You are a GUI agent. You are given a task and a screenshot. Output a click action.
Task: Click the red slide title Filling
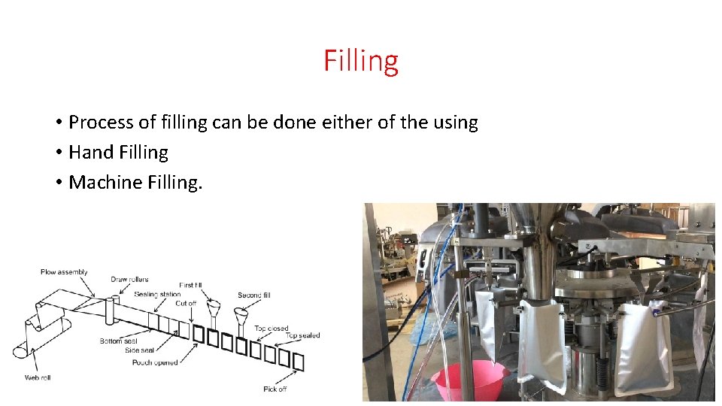click(361, 61)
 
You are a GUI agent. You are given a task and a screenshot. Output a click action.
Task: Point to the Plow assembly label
click(64, 272)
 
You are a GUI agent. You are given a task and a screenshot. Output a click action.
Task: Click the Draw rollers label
click(129, 280)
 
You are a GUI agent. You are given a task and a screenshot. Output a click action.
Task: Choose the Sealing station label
click(157, 294)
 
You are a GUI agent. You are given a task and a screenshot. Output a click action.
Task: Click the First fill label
click(191, 286)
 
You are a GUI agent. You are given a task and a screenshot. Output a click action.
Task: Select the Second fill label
click(255, 295)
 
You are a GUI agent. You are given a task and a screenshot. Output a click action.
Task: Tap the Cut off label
click(186, 303)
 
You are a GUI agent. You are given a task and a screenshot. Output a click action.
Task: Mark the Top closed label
click(272, 329)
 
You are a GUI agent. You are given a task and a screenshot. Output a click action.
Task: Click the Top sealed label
click(303, 335)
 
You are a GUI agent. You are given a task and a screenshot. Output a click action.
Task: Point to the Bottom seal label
click(119, 341)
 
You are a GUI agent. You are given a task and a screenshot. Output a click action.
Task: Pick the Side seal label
click(141, 351)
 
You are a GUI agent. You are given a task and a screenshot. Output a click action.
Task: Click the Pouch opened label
click(155, 362)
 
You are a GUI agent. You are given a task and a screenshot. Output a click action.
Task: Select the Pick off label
click(275, 389)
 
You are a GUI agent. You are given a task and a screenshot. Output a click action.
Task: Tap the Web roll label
click(38, 377)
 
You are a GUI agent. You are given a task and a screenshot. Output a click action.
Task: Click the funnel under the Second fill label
click(242, 315)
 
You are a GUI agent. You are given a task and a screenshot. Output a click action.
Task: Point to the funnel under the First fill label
click(213, 311)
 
